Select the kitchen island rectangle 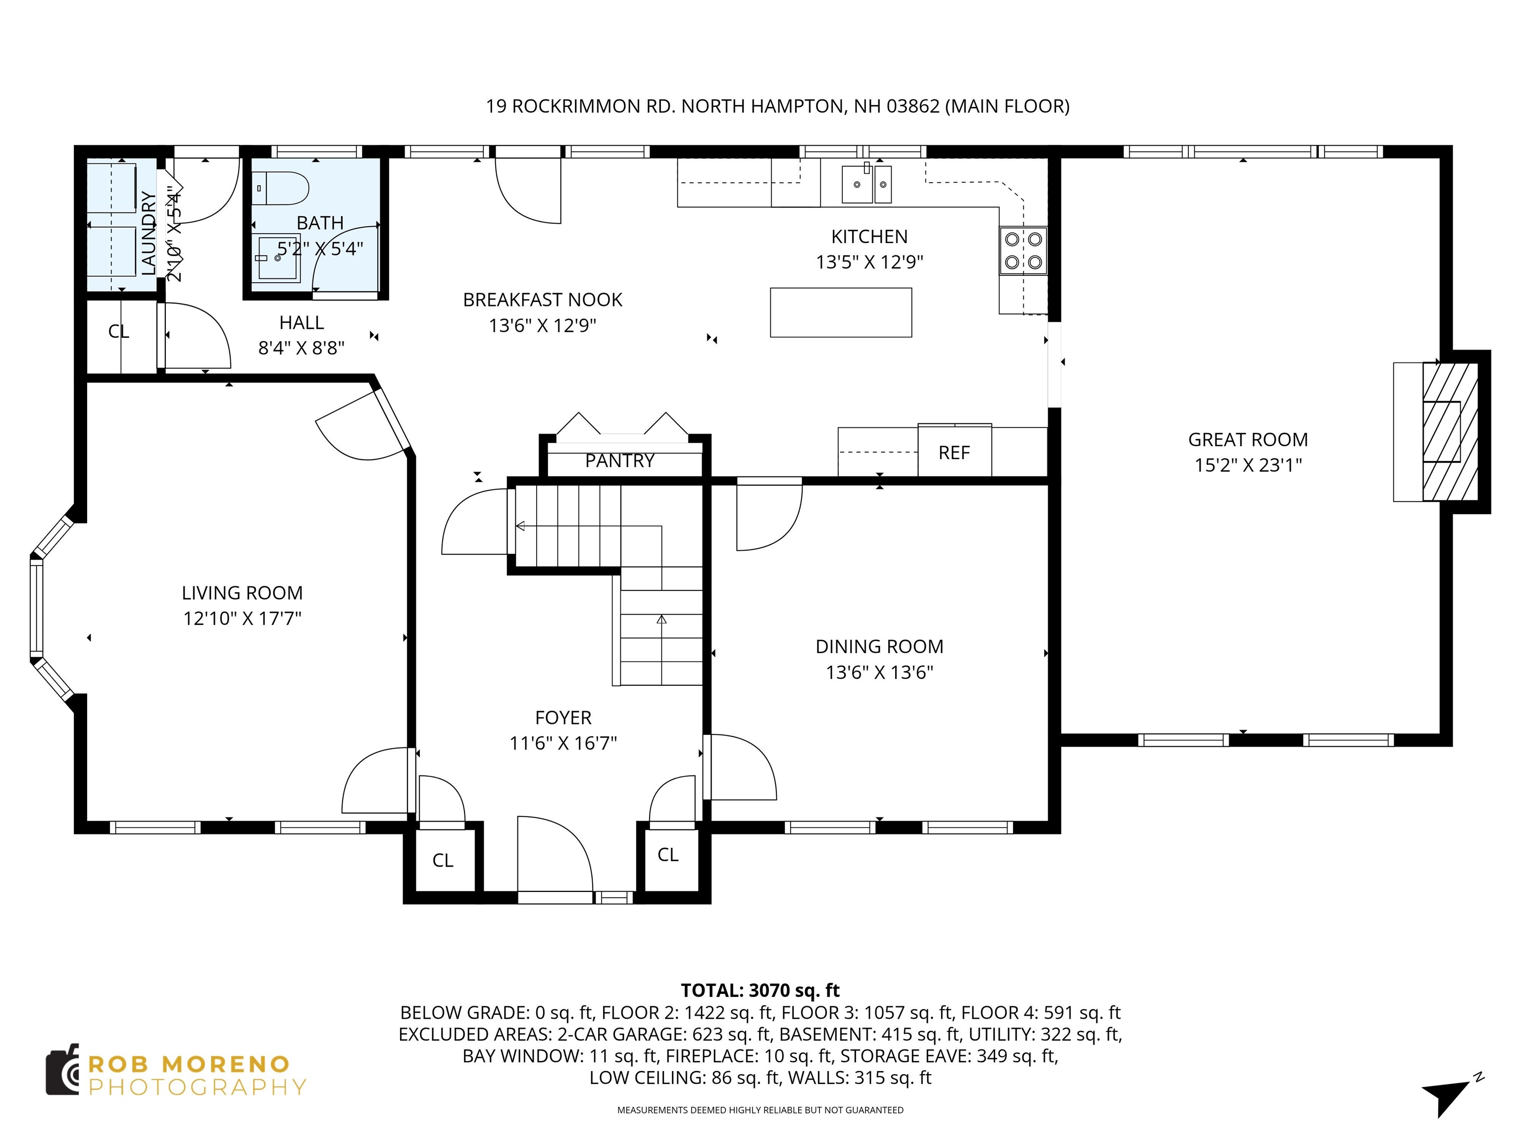(840, 312)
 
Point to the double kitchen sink (866, 184)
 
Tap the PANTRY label (619, 461)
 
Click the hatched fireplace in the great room (1448, 431)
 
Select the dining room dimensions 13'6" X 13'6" (879, 672)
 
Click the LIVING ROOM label (242, 593)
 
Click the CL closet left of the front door (443, 860)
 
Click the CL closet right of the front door (668, 855)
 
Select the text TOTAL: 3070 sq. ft (760, 990)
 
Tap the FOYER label (563, 718)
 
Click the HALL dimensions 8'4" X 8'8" (301, 348)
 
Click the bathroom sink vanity (278, 259)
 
